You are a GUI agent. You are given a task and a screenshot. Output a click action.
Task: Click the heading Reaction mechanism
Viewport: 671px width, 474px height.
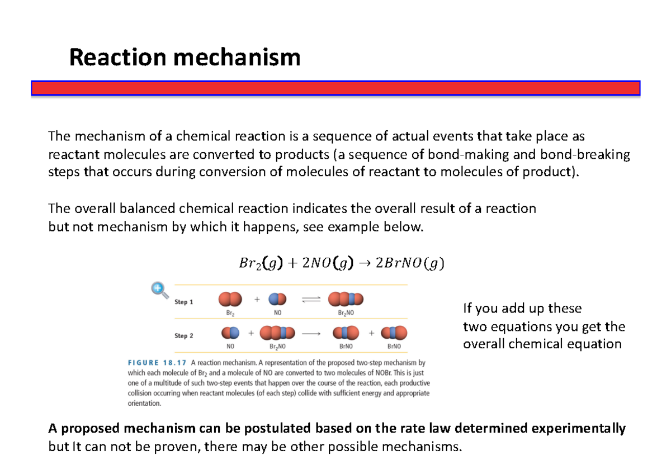(185, 58)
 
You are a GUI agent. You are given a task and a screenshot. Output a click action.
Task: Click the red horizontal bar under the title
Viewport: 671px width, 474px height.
(335, 88)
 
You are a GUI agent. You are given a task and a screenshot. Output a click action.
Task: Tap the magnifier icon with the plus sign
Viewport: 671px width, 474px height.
(159, 289)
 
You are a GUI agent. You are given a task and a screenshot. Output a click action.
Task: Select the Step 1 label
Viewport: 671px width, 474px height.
(184, 302)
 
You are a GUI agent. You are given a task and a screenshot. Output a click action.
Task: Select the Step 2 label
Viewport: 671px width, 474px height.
(184, 335)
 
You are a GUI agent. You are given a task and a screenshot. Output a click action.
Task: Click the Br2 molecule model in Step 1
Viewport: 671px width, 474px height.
(230, 300)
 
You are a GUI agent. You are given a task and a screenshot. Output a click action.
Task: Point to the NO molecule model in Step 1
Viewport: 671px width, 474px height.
(277, 300)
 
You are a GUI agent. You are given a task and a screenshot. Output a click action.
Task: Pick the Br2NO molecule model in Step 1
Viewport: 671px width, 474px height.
(346, 300)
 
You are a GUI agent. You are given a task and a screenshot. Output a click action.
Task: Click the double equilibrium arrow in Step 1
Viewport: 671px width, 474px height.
(310, 300)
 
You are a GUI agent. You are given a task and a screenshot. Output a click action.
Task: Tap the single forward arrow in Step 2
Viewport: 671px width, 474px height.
(310, 334)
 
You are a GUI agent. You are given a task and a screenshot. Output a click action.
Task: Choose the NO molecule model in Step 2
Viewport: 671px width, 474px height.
(230, 334)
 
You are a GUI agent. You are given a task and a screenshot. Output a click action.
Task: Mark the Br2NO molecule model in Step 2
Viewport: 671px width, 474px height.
(277, 334)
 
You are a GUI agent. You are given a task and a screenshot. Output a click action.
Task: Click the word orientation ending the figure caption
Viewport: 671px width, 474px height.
(144, 403)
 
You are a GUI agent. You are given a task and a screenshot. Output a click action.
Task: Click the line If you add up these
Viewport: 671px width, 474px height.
(522, 309)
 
